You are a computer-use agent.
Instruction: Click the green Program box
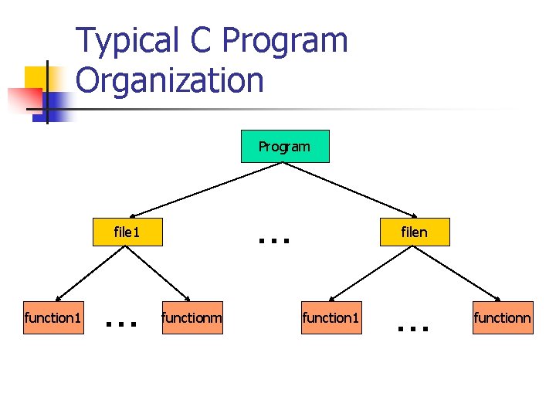285,146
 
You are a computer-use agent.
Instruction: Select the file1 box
127,232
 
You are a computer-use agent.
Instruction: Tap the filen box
415,232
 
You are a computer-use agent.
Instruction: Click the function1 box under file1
53,317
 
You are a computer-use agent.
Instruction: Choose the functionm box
192,317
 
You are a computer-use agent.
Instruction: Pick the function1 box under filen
331,317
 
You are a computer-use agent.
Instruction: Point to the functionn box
502,317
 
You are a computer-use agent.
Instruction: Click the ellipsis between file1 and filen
274,240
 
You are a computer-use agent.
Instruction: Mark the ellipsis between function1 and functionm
121,324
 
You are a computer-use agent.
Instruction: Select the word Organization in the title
170,80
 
